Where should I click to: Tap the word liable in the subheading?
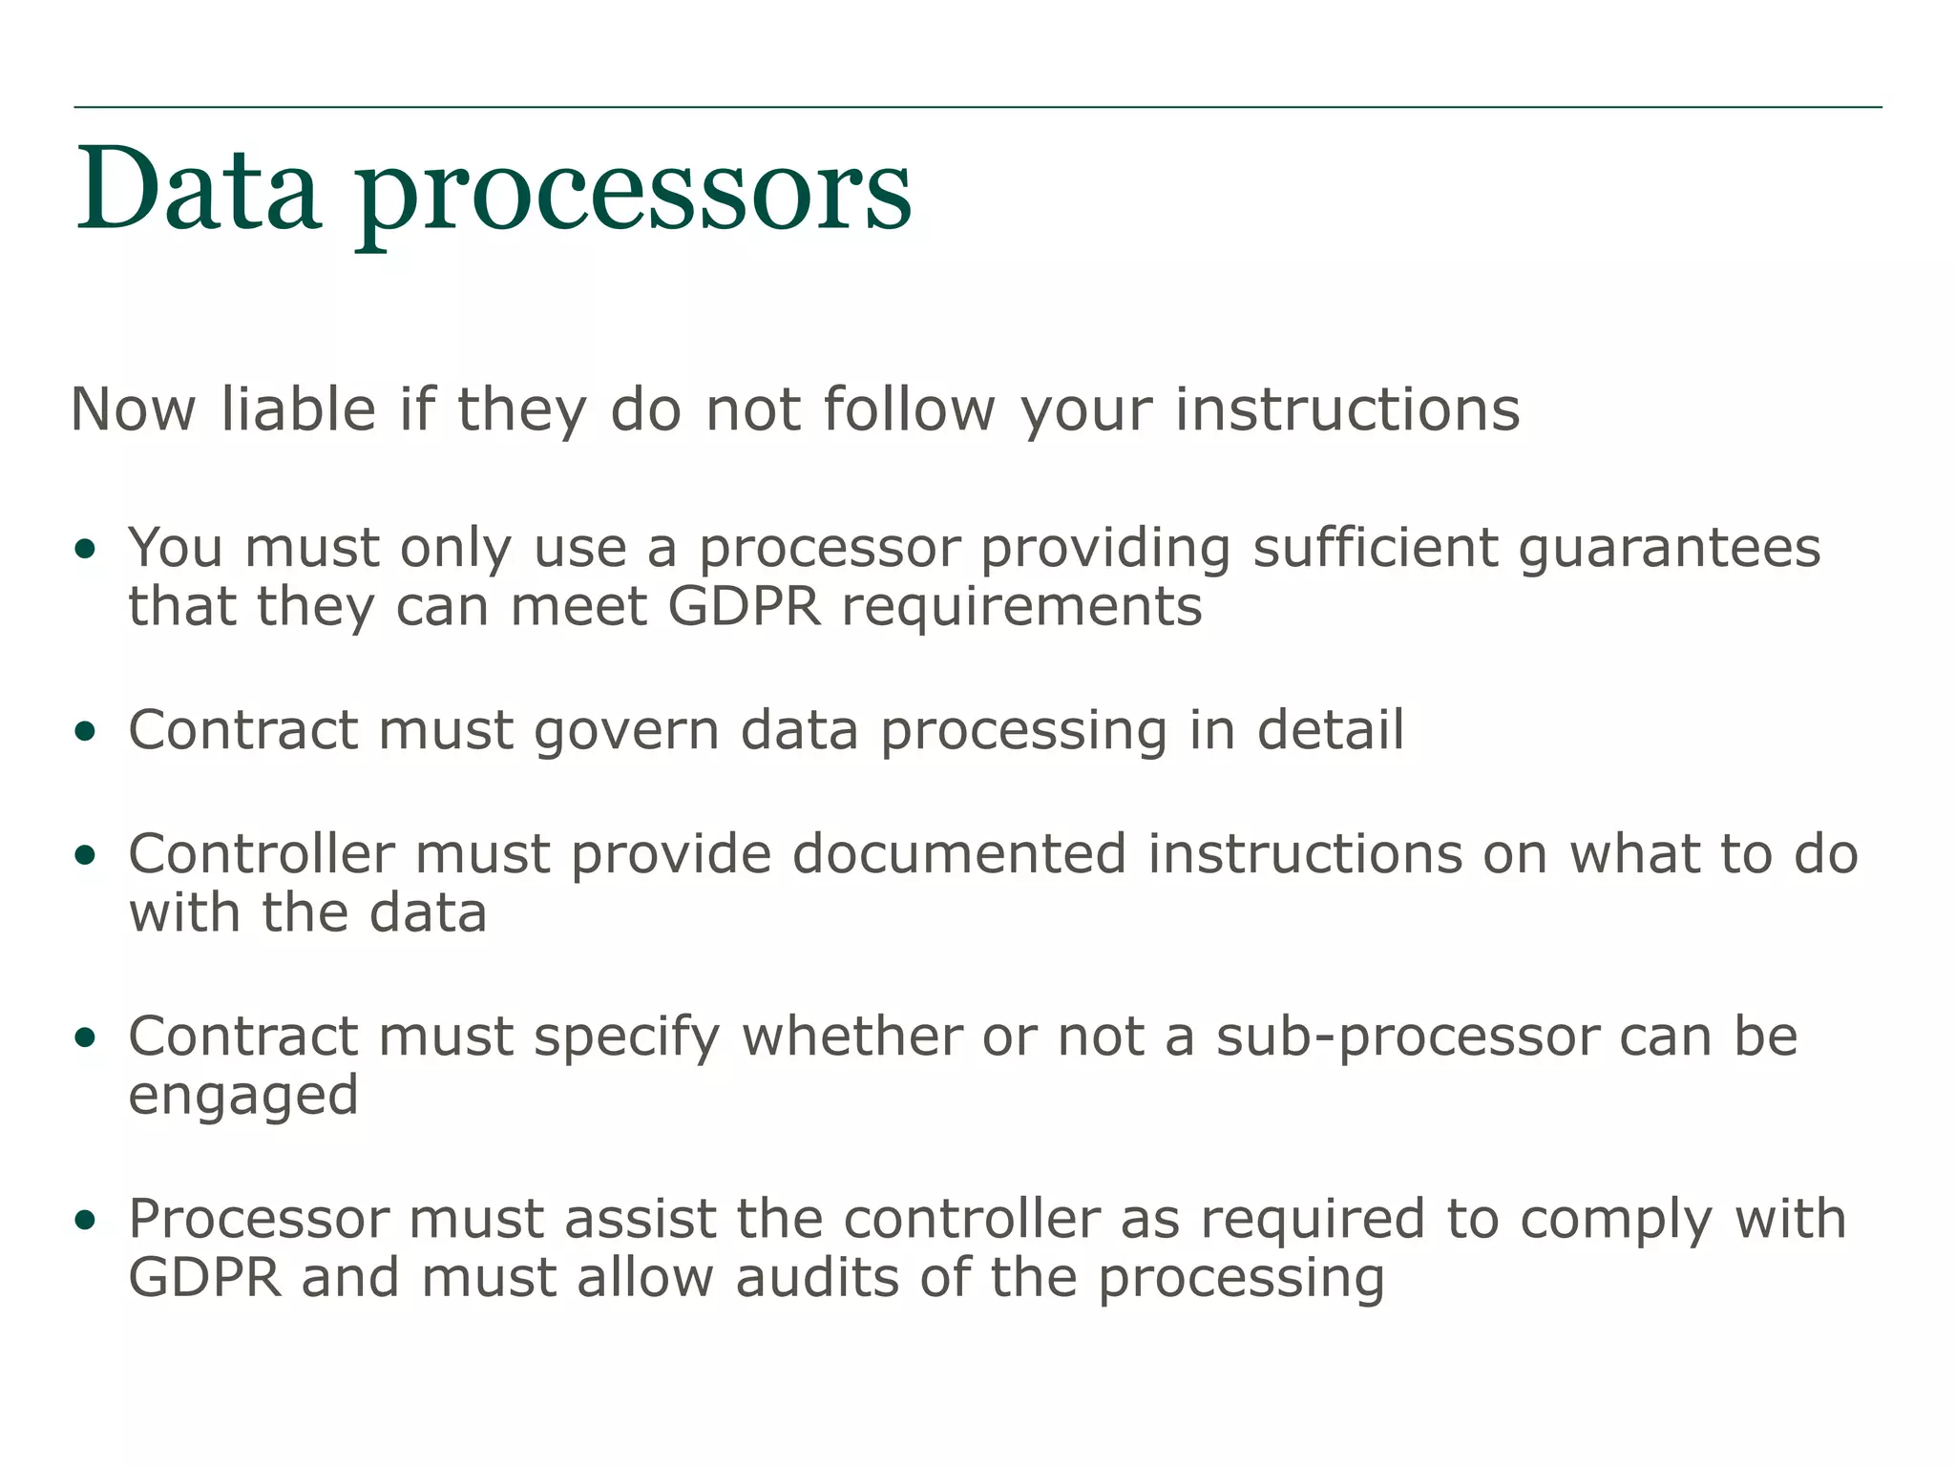pyautogui.click(x=299, y=409)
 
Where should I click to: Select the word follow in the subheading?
pyautogui.click(x=911, y=409)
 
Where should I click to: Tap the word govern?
pyautogui.click(x=626, y=732)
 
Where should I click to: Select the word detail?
pyautogui.click(x=1330, y=730)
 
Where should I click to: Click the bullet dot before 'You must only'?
pyautogui.click(x=86, y=549)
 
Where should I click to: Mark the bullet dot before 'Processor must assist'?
pyautogui.click(x=86, y=1220)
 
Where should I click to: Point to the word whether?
pyautogui.click(x=851, y=1037)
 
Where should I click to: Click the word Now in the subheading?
pyautogui.click(x=134, y=409)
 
